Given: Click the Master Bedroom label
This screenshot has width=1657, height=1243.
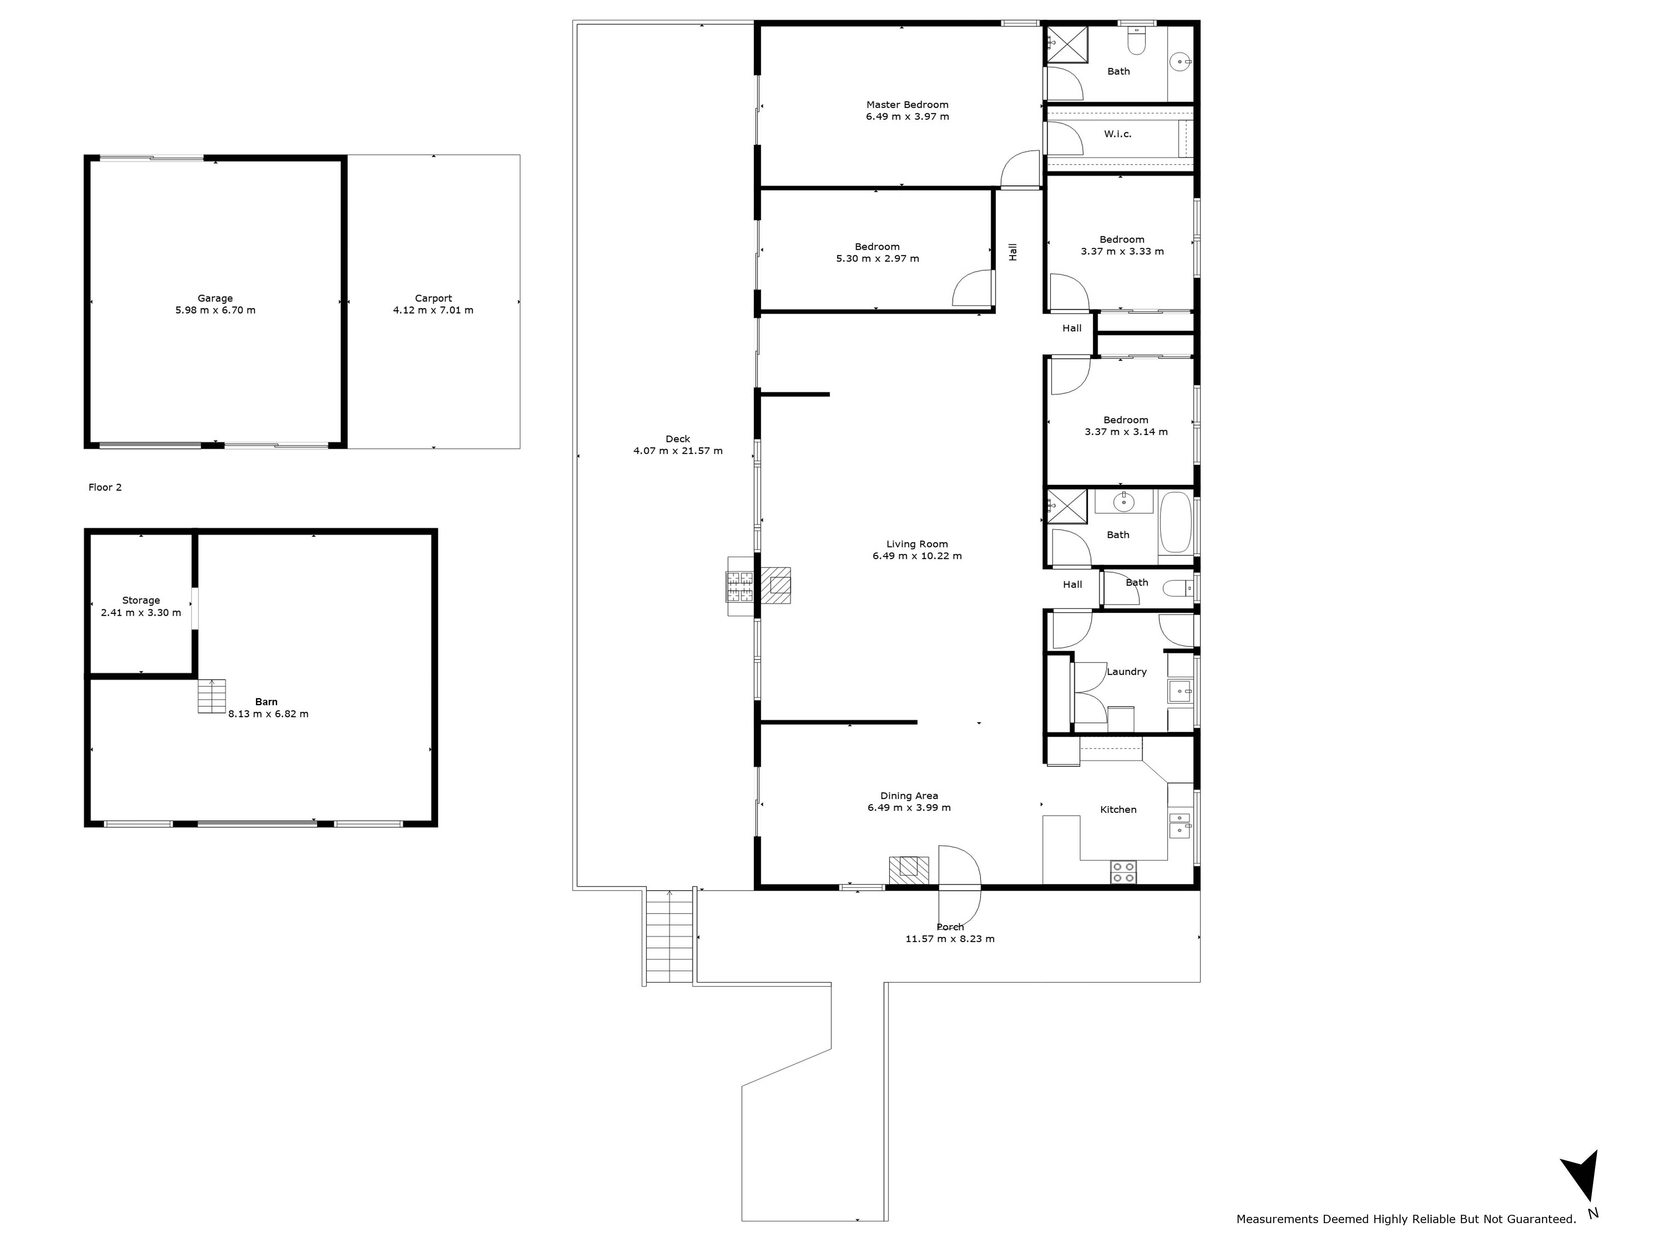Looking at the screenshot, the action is click(x=907, y=105).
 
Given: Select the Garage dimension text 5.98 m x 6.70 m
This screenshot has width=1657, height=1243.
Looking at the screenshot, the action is click(x=215, y=310).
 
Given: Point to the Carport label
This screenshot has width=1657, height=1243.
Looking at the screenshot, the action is click(x=433, y=298).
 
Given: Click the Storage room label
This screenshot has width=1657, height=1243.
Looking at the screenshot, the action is click(x=141, y=600).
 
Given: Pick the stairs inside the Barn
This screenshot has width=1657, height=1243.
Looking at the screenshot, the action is click(x=211, y=696).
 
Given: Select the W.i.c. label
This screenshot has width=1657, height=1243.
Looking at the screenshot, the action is click(x=1118, y=134).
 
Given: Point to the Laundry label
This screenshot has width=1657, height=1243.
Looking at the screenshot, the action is click(x=1127, y=672).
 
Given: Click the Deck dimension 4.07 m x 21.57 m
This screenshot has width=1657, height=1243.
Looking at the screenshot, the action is click(x=678, y=451).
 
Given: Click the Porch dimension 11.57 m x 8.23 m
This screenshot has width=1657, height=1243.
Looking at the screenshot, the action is click(x=950, y=939).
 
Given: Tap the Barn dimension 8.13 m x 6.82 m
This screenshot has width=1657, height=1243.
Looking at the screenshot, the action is click(x=268, y=714).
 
